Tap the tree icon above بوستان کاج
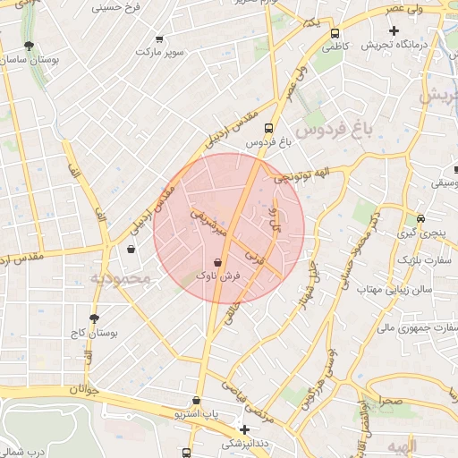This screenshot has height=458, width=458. coord(94,318)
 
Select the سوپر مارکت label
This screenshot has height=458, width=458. coord(159,53)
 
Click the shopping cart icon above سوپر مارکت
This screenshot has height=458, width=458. coord(159,39)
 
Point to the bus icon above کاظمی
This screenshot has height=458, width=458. coord(335,30)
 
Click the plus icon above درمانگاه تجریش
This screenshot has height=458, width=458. coord(394,30)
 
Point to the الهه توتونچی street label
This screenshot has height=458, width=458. coord(300,179)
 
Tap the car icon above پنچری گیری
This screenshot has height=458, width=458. coord(420,219)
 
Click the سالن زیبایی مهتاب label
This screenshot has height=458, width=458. coord(394,290)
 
